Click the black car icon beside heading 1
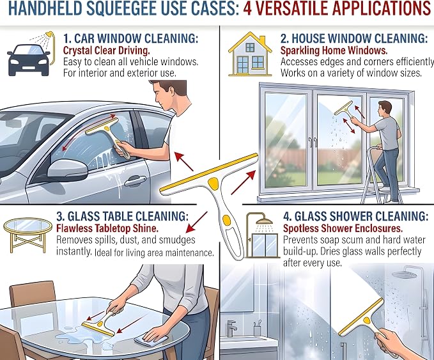tap(29, 60)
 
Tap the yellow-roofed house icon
tap(250, 54)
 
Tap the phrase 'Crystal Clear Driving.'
tap(107, 51)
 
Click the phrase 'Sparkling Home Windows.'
tap(334, 51)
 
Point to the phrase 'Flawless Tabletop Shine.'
tap(107, 228)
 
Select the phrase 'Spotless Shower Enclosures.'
tap(343, 229)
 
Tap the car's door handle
tap(135, 181)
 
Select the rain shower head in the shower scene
tap(405, 274)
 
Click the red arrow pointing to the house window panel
tap(243, 182)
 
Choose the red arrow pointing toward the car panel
tap(184, 161)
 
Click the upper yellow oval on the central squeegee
tap(213, 182)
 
